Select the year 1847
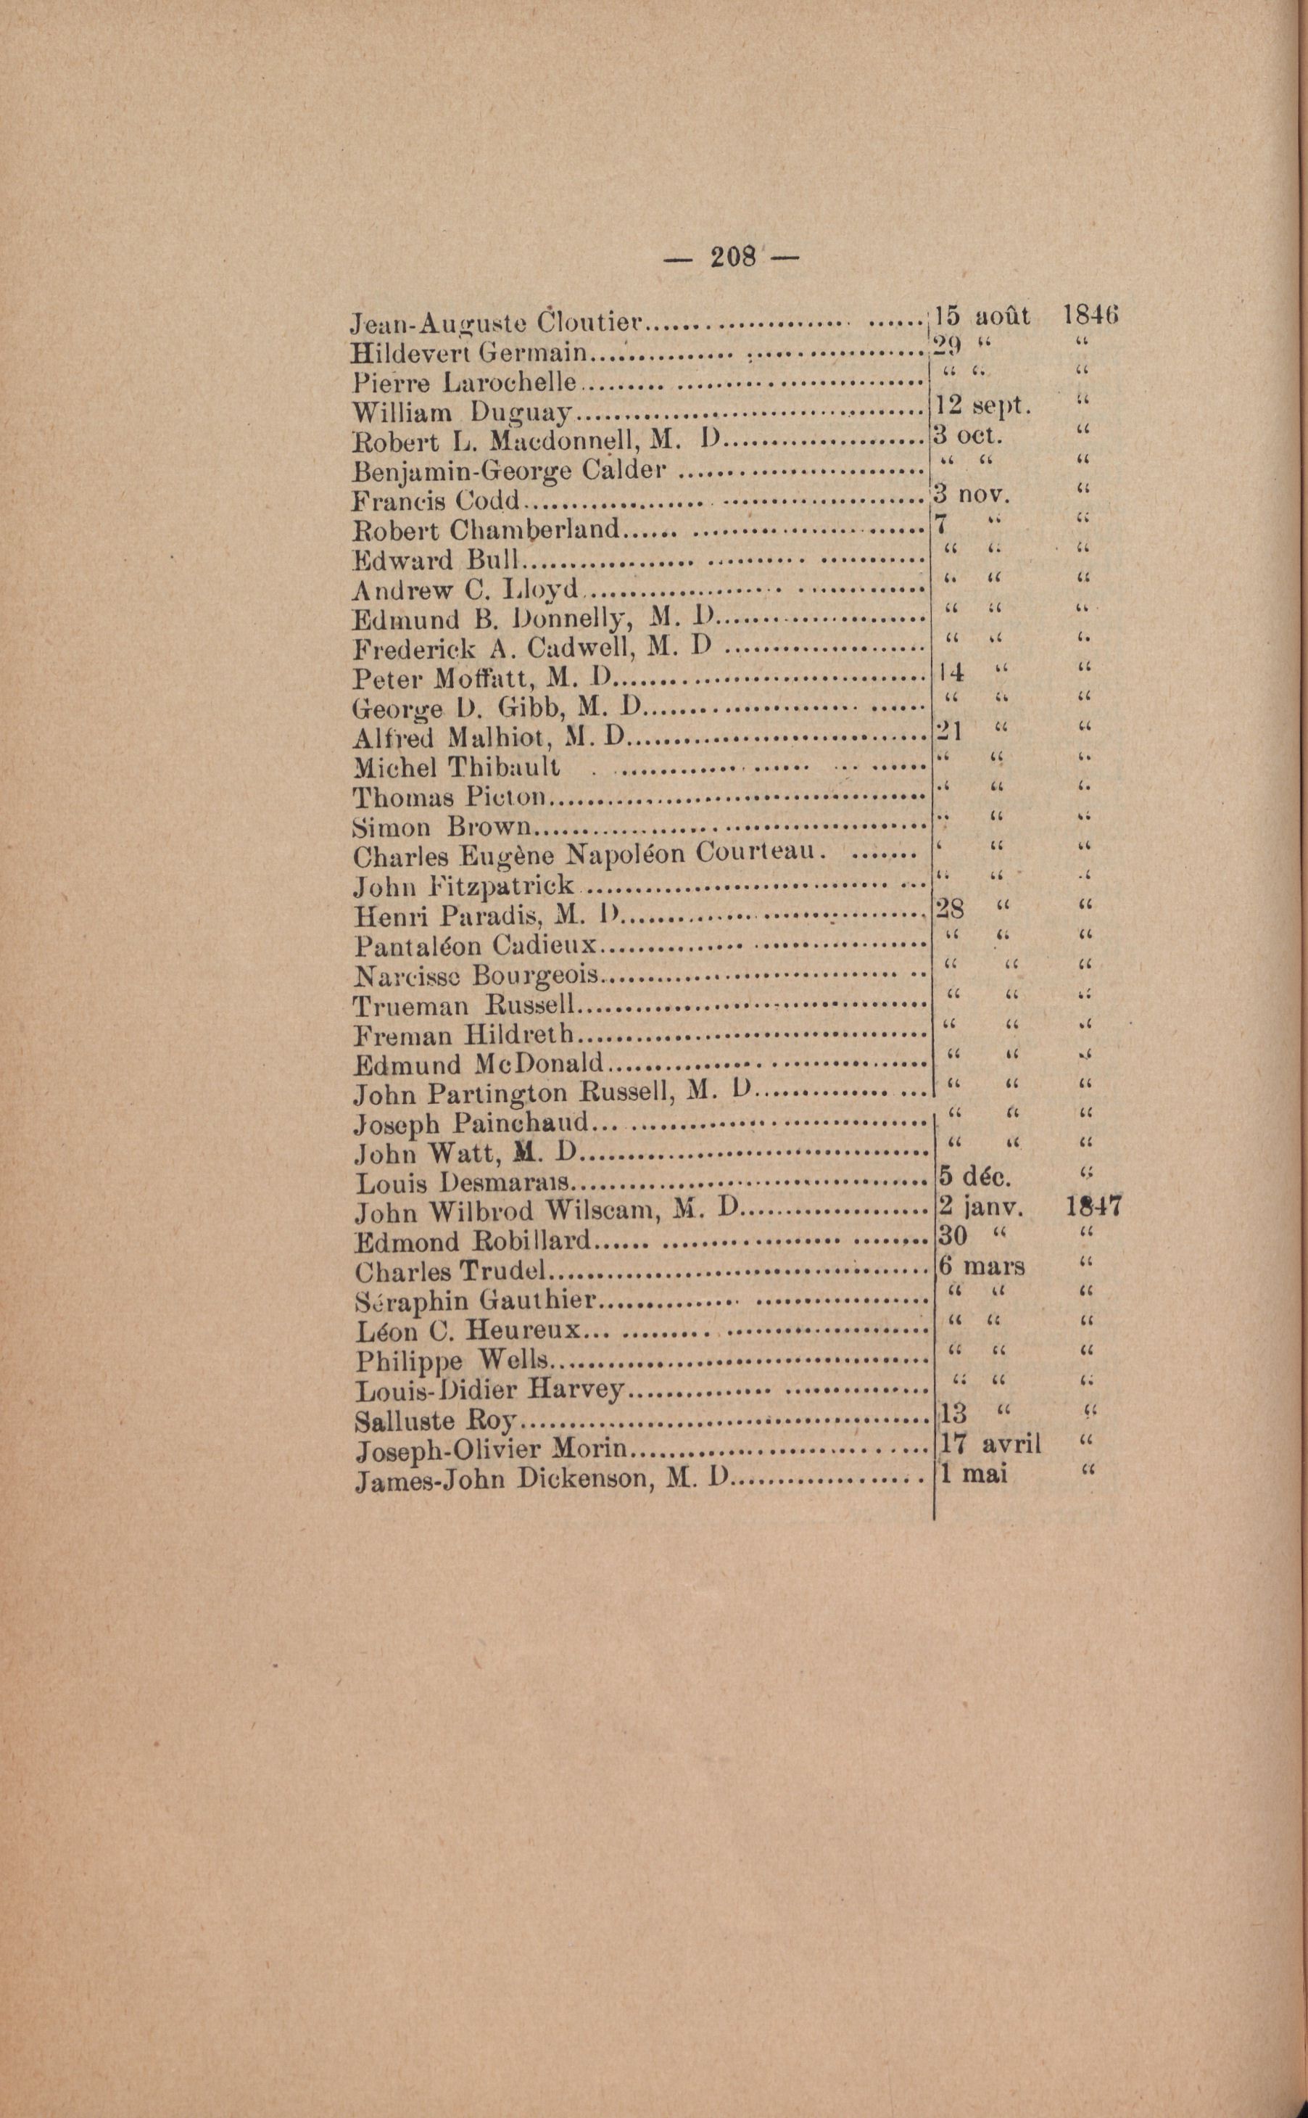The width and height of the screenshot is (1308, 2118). (1095, 1206)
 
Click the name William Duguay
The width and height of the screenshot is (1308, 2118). (461, 413)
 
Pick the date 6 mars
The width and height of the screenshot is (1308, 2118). (982, 1266)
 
